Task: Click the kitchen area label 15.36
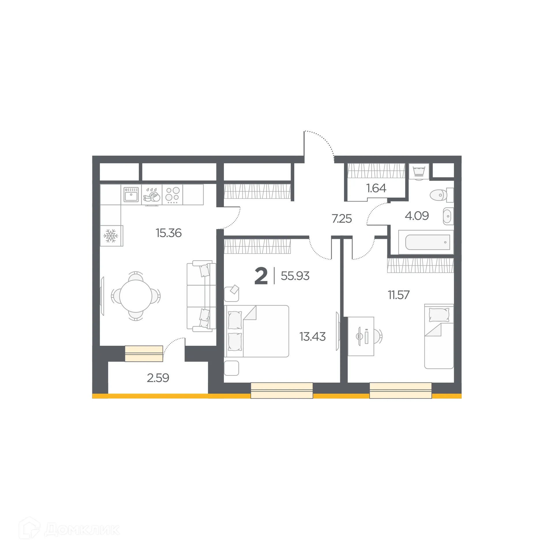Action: (x=169, y=233)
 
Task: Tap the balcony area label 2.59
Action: (x=158, y=378)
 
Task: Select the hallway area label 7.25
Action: (x=342, y=219)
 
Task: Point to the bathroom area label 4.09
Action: (x=417, y=216)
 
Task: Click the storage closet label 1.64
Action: (x=376, y=188)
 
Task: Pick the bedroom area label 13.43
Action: (x=312, y=336)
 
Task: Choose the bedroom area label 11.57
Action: (x=398, y=295)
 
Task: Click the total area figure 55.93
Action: (x=295, y=276)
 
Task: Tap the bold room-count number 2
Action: (x=261, y=276)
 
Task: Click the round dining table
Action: (x=136, y=296)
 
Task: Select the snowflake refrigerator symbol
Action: (x=111, y=236)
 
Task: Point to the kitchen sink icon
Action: (x=131, y=194)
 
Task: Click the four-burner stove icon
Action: (x=173, y=194)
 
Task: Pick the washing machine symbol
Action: (x=419, y=171)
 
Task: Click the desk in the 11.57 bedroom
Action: (x=361, y=336)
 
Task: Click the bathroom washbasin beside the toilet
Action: (x=447, y=216)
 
